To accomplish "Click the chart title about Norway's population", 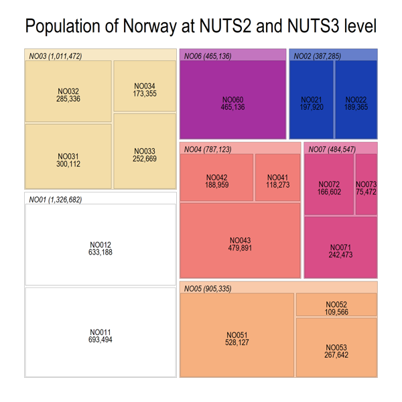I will pyautogui.click(x=200, y=26).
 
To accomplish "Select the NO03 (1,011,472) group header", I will pyautogui.click(x=56, y=56).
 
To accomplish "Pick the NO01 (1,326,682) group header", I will pyautogui.click(x=55, y=200).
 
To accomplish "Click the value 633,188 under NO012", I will pyautogui.click(x=100, y=253).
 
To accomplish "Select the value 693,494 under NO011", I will pyautogui.click(x=100, y=340).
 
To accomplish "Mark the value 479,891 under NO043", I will pyautogui.click(x=240, y=248).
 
